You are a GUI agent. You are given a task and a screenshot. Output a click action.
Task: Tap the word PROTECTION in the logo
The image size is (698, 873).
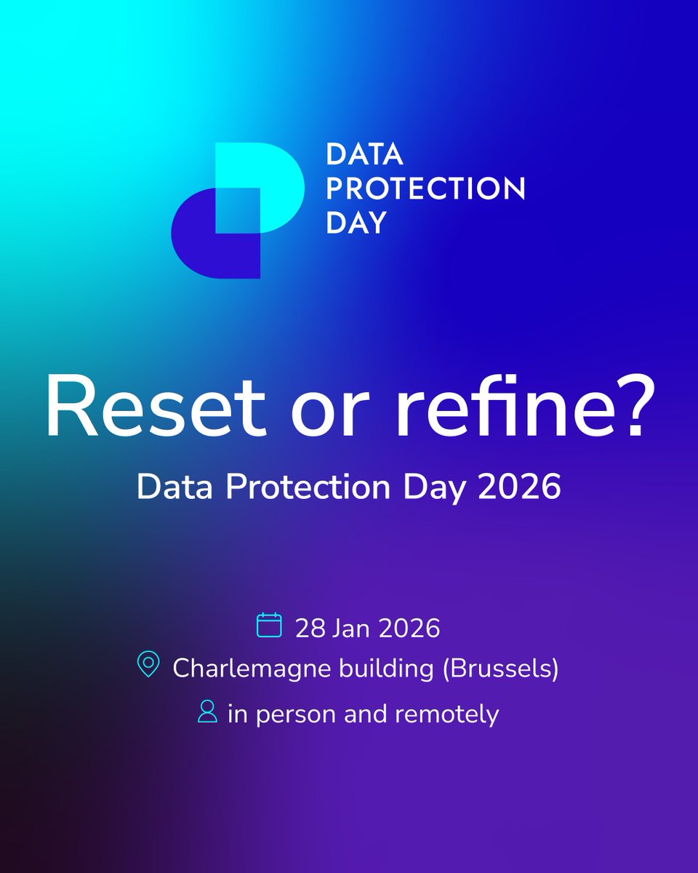pyautogui.click(x=425, y=190)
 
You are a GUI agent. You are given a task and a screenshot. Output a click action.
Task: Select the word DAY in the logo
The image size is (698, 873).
pyautogui.click(x=356, y=223)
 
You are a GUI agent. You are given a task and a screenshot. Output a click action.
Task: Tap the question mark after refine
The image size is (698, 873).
pyautogui.click(x=628, y=412)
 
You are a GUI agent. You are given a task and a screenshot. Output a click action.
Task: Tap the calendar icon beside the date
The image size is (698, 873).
pyautogui.click(x=269, y=626)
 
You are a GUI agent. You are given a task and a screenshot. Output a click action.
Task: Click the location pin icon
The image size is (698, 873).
pyautogui.click(x=148, y=666)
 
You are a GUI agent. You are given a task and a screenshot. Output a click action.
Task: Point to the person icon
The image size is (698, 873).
pyautogui.click(x=208, y=711)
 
